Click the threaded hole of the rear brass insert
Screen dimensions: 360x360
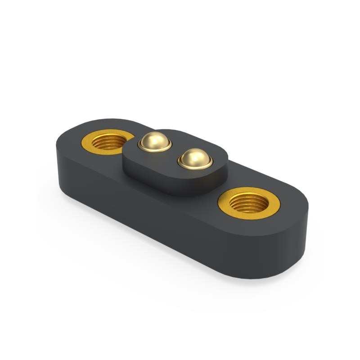[x=108, y=143]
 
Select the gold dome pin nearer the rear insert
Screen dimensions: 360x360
[x=155, y=141]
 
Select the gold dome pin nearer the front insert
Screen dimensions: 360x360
[x=195, y=158]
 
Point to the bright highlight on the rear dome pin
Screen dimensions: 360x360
[x=152, y=138]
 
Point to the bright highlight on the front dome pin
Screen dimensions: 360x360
[x=191, y=154]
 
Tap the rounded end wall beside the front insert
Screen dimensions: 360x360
[x=297, y=243]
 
